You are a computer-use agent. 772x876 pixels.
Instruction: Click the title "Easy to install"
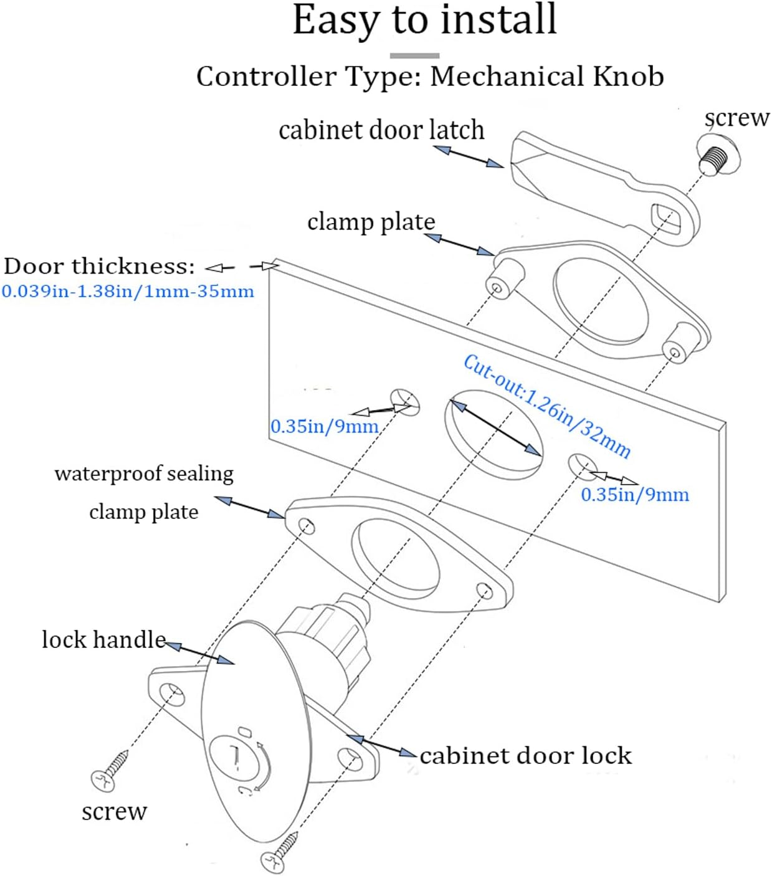point(424,20)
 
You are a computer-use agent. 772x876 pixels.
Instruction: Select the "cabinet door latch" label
point(381,130)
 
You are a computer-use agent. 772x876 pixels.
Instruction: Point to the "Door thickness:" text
point(99,267)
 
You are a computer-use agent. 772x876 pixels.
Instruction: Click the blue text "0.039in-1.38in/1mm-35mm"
point(128,292)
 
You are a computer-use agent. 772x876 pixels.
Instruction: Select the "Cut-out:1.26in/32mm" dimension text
point(547,405)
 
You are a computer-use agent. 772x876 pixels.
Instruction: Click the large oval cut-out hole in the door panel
point(493,434)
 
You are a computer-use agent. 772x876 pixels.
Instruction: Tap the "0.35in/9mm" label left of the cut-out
point(324,427)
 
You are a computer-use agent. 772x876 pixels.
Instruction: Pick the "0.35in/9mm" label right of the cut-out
point(634,495)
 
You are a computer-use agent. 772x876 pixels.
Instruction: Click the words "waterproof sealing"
point(144,474)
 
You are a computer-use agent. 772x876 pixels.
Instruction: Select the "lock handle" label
point(103,640)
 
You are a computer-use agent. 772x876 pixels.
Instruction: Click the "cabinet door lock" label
point(525,756)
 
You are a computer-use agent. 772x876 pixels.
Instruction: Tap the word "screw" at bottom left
point(114,811)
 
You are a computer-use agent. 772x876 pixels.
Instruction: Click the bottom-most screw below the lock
point(282,854)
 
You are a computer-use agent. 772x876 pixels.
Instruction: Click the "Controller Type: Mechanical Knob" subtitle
point(430,77)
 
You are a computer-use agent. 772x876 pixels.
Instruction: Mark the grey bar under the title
point(414,55)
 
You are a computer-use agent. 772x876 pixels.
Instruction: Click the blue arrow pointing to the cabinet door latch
point(468,156)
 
